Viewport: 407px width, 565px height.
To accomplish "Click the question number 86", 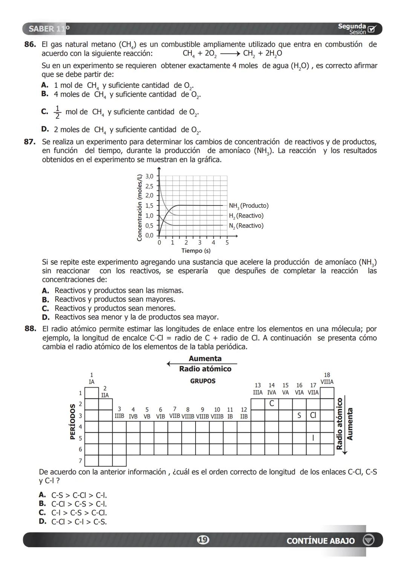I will tap(30, 44).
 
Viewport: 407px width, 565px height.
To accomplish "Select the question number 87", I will tap(30, 142).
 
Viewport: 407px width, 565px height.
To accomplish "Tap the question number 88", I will tap(30, 329).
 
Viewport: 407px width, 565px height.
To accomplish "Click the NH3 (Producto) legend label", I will tap(249, 206).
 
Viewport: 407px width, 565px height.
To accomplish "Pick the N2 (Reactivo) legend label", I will tap(246, 226).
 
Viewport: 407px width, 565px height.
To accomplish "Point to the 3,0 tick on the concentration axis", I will tap(149, 176).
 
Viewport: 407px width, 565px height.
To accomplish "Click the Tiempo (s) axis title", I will tap(196, 251).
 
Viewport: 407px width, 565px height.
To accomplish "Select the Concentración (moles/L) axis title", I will tap(139, 207).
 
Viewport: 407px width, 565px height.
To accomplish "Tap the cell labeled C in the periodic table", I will tap(272, 404).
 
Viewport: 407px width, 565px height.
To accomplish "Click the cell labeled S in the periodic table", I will tap(299, 415).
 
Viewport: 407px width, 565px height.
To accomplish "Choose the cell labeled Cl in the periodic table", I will tap(313, 415).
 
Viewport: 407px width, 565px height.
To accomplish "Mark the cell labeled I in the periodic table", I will tap(313, 438).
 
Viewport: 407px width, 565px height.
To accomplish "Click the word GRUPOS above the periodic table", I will tap(203, 381).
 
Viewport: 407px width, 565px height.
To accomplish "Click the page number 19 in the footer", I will tap(203, 540).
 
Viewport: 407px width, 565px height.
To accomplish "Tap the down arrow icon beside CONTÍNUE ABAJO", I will tap(368, 541).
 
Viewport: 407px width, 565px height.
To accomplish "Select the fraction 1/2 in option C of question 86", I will tap(57, 112).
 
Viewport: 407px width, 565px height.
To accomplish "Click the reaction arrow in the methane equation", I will tap(230, 54).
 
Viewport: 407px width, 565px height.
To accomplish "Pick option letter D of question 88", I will tap(43, 522).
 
